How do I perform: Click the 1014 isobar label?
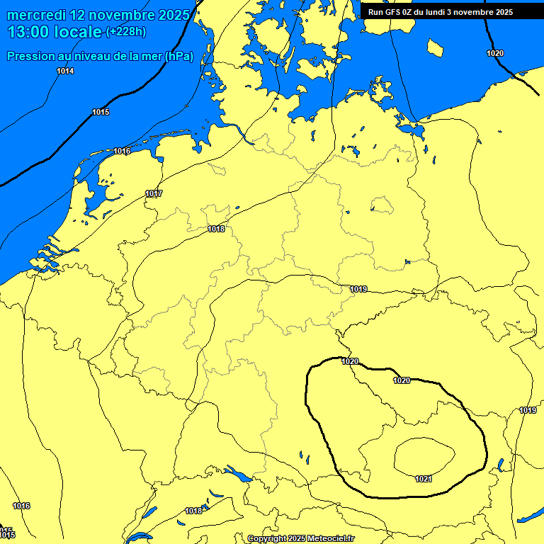(x=65, y=71)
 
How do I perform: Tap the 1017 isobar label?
(x=154, y=194)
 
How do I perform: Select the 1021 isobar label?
(x=423, y=480)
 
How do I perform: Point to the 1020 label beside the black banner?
(x=495, y=54)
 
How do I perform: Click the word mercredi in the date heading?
(x=38, y=15)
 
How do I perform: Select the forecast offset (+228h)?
(x=127, y=32)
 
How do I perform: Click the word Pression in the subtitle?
(x=32, y=57)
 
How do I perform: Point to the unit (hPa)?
(x=178, y=57)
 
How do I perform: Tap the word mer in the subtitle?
(x=148, y=57)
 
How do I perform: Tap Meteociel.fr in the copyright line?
(x=331, y=538)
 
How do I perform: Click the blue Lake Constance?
(x=236, y=474)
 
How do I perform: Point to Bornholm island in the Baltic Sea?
(x=435, y=47)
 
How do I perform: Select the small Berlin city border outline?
(x=382, y=205)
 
